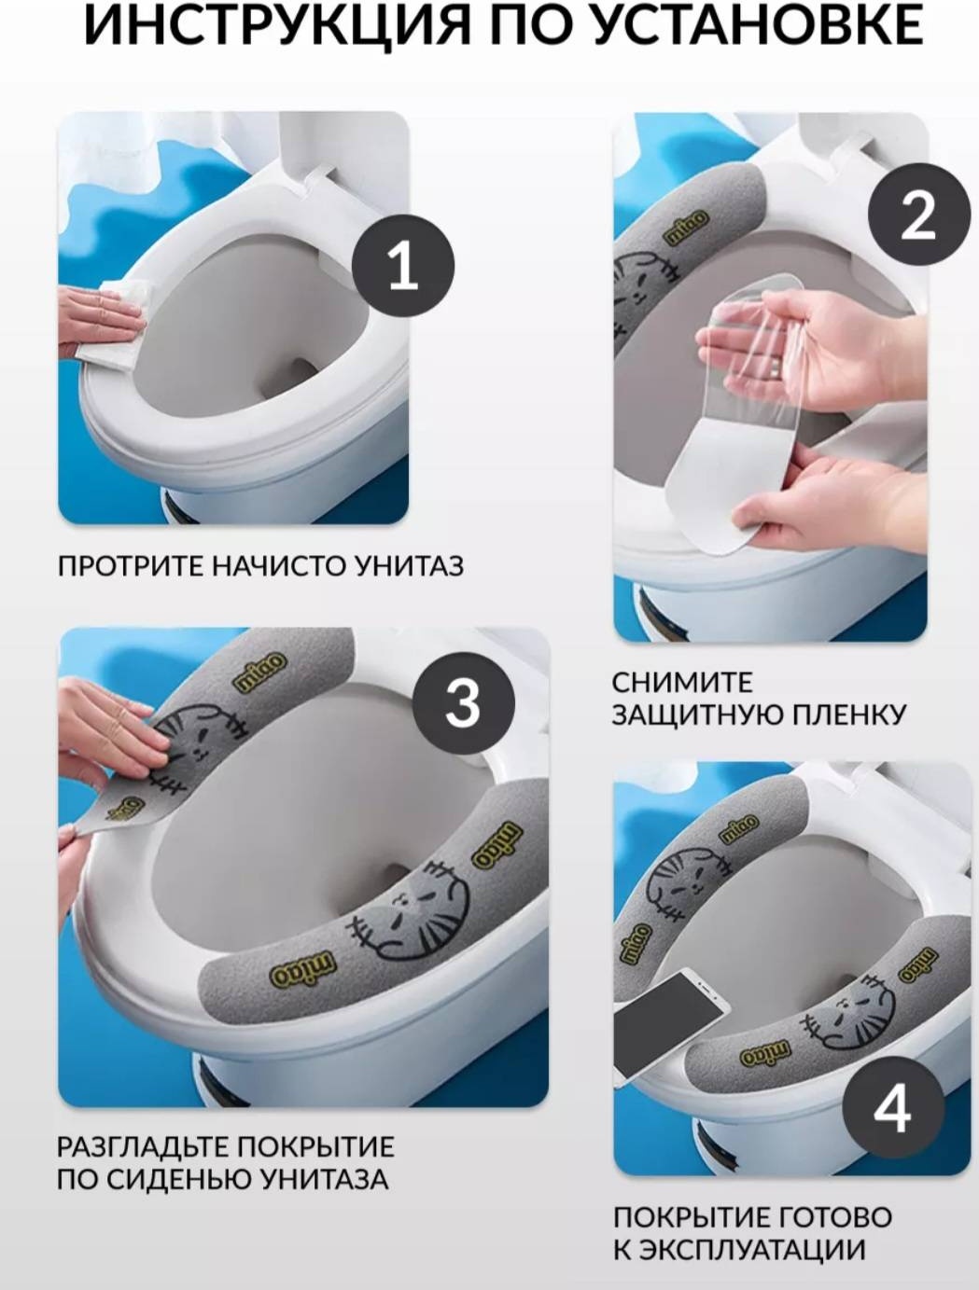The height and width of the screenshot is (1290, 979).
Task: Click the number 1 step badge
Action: tap(403, 266)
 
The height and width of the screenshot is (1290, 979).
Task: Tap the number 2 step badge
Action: tap(917, 216)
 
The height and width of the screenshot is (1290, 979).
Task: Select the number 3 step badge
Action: tap(463, 702)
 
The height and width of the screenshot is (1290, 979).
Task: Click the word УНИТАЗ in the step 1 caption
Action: tap(410, 566)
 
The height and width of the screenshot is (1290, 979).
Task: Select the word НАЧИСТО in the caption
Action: tap(279, 566)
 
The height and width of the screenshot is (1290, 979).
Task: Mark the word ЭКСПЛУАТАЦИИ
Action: tap(751, 1249)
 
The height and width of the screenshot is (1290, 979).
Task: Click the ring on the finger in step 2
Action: tap(777, 369)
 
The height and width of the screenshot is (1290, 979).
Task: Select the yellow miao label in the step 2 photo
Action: tap(686, 228)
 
